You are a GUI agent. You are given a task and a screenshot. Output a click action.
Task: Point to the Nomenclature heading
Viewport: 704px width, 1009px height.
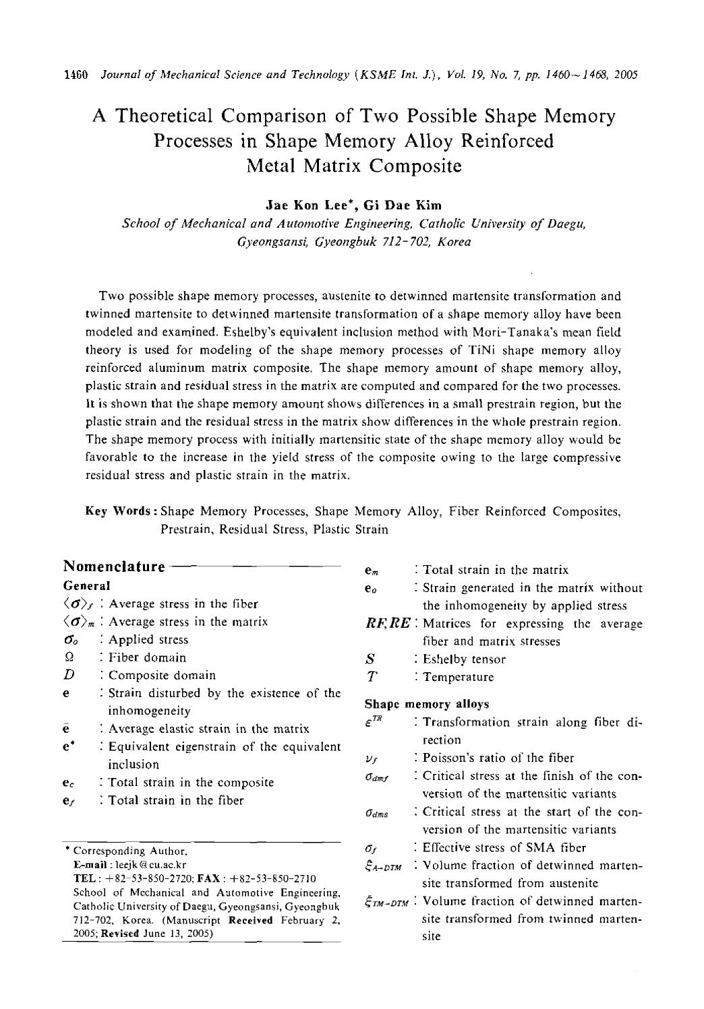pos(114,566)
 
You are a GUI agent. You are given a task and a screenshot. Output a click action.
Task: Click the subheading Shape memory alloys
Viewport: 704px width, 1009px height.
pos(426,705)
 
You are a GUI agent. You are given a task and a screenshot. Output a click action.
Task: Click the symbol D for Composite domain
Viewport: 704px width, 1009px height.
pos(69,676)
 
